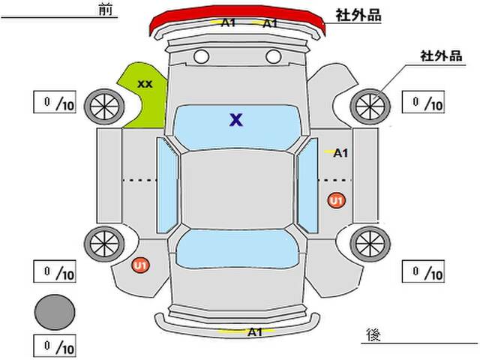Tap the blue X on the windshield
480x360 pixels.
(236, 120)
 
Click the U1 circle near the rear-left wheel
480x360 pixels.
(140, 265)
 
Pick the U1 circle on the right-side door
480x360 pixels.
(337, 201)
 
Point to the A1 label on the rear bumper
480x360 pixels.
(255, 331)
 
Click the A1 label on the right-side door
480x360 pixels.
(340, 153)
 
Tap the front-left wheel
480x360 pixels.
(104, 106)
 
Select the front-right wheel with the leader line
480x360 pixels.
(370, 106)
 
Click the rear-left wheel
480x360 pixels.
(104, 244)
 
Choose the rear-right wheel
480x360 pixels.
(370, 244)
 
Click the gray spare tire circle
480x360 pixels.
(55, 312)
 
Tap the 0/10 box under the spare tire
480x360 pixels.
(55, 346)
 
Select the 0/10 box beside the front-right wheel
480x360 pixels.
(423, 102)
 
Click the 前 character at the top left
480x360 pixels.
(106, 9)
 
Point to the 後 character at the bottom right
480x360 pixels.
(373, 334)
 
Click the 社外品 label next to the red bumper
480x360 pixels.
(358, 15)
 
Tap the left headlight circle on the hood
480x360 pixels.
(201, 56)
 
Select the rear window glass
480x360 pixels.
(237, 248)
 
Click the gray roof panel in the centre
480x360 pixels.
(237, 189)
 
